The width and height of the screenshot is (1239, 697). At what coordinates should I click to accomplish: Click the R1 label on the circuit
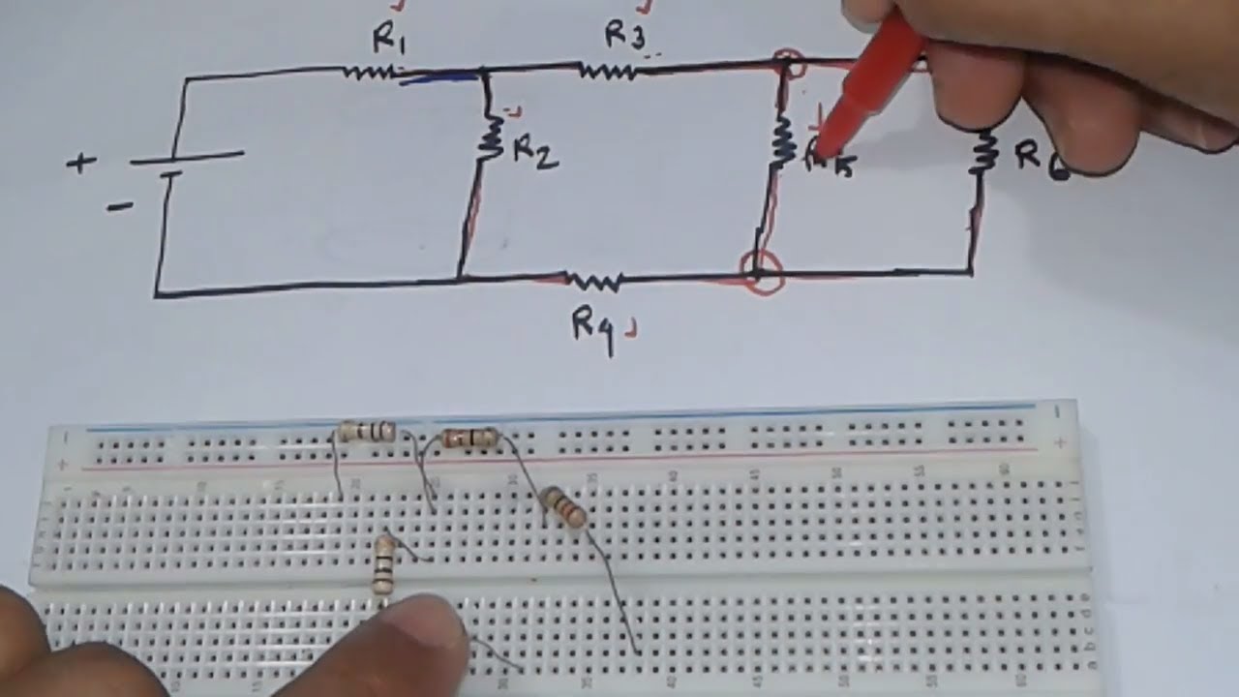[391, 41]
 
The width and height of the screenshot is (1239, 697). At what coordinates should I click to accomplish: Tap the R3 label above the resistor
[624, 35]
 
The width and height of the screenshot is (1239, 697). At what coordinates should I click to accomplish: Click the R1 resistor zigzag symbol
[369, 71]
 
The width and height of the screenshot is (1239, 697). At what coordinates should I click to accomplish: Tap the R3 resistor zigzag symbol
[607, 70]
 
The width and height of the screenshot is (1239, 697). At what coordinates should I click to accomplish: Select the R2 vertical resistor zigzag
[491, 138]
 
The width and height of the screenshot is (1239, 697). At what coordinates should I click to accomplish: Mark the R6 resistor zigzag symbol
[985, 150]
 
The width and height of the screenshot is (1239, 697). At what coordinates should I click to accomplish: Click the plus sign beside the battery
[81, 163]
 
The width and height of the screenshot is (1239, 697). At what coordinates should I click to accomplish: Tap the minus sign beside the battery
[119, 206]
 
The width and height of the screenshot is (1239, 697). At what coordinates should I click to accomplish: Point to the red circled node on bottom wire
[762, 272]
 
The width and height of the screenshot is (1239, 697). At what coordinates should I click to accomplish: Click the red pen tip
[821, 150]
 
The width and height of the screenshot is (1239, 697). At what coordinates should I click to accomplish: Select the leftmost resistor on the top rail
[368, 432]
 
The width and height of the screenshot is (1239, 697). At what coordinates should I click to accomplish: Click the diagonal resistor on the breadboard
[563, 507]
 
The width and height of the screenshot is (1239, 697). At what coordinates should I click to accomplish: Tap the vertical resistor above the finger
[384, 563]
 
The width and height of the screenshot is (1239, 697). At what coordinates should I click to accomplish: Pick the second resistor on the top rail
[469, 439]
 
